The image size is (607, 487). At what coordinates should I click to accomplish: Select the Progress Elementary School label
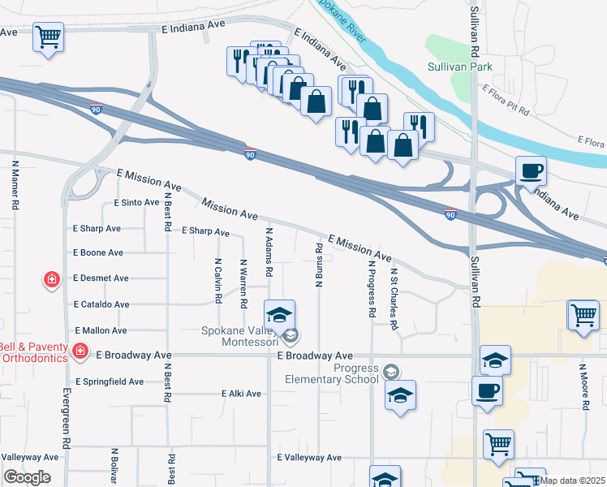pos(332,373)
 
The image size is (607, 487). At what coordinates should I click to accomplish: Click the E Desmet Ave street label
pos(101,278)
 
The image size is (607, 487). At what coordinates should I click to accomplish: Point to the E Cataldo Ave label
pos(101,304)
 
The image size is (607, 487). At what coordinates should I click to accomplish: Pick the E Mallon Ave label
pos(101,330)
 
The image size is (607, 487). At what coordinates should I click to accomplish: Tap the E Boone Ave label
pos(98,252)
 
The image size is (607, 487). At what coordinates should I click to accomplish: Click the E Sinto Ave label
pos(136,202)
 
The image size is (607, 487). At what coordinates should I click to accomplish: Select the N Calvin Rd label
pos(218,282)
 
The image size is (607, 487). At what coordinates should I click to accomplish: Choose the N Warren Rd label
pos(243,283)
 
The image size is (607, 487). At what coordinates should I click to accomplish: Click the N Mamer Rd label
pos(15,185)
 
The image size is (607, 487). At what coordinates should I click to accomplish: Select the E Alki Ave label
pos(241,394)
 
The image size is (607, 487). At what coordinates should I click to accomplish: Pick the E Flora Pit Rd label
pos(506,99)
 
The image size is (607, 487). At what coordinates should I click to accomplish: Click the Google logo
pos(26,477)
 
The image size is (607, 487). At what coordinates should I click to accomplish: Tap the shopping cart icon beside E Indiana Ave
pos(48,37)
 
